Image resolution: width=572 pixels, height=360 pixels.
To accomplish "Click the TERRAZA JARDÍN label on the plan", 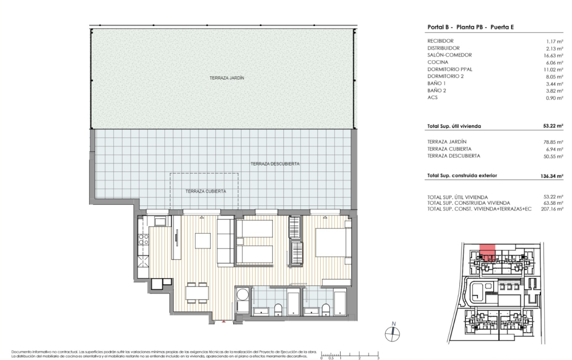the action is pos(227,78).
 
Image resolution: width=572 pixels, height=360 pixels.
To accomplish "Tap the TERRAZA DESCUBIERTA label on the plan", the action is pos(275,164).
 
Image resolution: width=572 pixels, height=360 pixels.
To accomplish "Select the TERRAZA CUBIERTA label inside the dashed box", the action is pos(205,191).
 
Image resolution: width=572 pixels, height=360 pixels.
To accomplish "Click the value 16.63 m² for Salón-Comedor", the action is pos(554,55).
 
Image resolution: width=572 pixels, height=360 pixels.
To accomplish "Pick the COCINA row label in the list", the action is pos(438,62).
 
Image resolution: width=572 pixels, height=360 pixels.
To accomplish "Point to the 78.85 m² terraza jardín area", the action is pos(553,142).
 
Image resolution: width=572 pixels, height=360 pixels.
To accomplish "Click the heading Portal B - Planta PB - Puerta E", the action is pos(470,27).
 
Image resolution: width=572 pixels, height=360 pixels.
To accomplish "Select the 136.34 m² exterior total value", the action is pos(552,176).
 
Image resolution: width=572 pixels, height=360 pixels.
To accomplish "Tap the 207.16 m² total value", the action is pos(552,209).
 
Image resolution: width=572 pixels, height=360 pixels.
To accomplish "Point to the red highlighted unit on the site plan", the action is pos(487,253).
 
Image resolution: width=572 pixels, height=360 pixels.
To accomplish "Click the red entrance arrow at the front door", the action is pos(224,321).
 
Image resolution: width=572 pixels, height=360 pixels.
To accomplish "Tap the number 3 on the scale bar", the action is pos(378,358).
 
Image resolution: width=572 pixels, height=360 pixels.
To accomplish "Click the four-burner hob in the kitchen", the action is pos(143,239).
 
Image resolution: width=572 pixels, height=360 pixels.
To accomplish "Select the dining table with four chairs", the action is pos(197,293).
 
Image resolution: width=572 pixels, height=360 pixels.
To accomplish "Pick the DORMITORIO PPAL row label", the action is pos(450,69).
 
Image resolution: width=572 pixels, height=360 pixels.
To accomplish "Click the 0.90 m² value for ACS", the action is pos(555,98).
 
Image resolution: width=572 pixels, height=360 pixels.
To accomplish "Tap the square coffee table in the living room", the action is pos(203,241).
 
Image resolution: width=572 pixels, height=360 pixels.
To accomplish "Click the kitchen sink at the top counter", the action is pos(160,221).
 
